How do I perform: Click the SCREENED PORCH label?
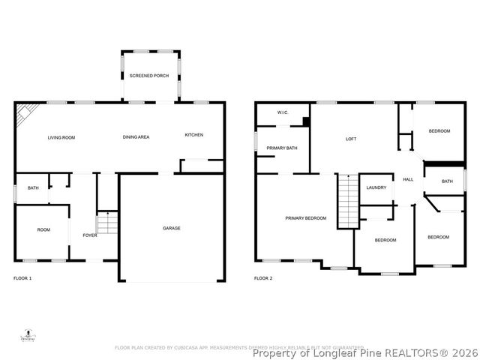click(148, 76)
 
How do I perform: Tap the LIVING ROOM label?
click(61, 137)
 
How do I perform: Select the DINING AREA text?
click(136, 137)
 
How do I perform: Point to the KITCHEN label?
click(194, 135)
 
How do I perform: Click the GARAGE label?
click(172, 228)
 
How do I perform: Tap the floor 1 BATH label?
click(33, 188)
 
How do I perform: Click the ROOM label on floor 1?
click(43, 229)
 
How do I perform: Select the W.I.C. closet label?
click(283, 113)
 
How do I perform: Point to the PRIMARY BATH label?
click(282, 148)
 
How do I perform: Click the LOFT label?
click(351, 139)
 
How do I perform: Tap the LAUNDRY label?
click(376, 187)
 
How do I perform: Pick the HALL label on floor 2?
click(409, 180)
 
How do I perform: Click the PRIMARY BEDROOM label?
click(306, 218)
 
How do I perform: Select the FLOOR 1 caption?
click(23, 278)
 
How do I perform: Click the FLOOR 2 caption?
click(263, 278)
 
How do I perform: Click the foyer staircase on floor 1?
click(108, 223)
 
